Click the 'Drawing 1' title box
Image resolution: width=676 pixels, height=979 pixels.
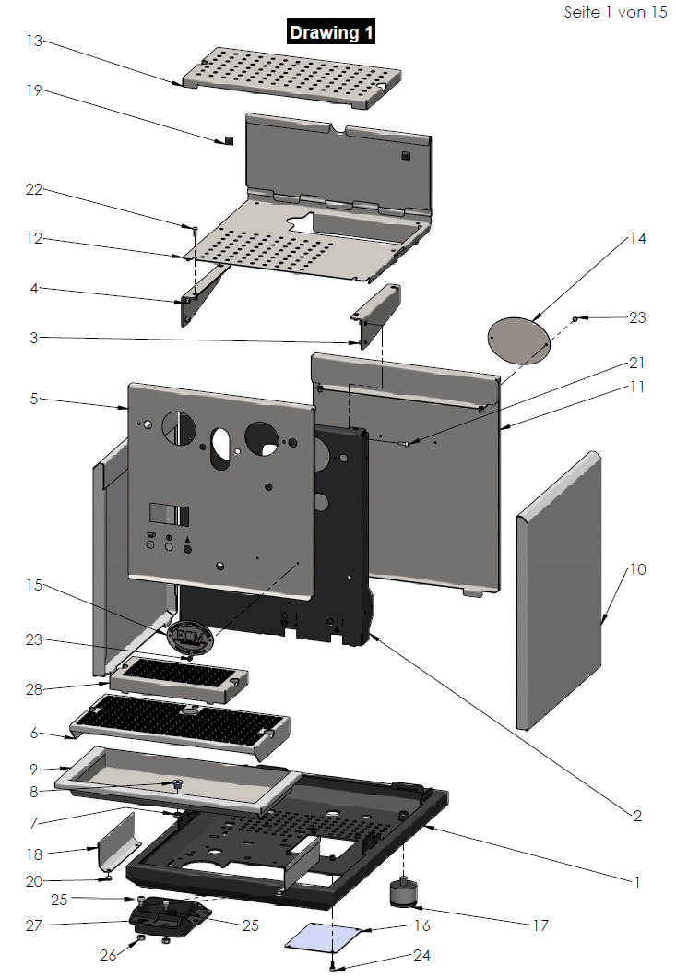[x=332, y=32]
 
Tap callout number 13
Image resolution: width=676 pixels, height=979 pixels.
[x=34, y=42]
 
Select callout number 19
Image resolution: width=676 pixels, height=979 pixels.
[x=34, y=90]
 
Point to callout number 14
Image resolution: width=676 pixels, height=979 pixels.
[x=636, y=238]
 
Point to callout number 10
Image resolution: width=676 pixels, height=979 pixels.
[x=636, y=569]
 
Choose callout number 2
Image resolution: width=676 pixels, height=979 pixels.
[x=636, y=816]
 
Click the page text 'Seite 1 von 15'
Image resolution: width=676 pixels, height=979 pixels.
[x=615, y=13]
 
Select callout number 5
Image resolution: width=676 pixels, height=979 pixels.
[x=34, y=400]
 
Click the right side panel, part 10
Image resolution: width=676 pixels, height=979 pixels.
[x=559, y=591]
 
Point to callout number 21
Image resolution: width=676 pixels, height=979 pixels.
[x=636, y=363]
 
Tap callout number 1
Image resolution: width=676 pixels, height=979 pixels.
[x=636, y=881]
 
